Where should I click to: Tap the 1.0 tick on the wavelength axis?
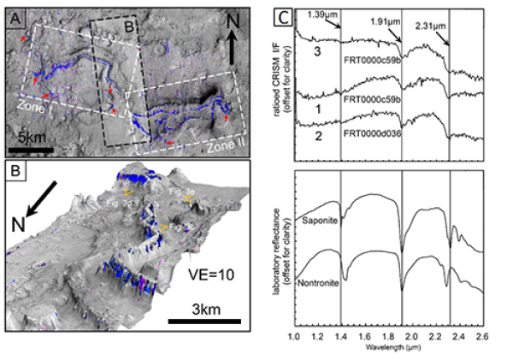294,339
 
